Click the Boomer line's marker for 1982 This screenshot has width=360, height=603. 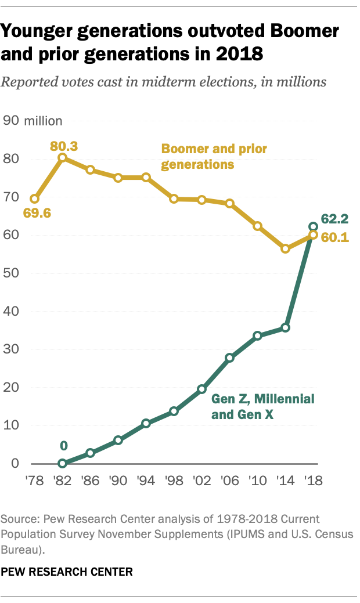point(62,157)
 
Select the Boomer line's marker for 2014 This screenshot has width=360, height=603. point(285,248)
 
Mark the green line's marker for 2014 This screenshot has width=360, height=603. point(285,328)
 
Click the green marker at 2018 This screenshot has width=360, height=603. point(313,226)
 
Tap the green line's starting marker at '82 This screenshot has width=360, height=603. point(62,463)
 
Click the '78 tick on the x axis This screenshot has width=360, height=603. point(34,481)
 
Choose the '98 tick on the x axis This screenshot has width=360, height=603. point(174,481)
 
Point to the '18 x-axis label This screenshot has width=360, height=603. point(313,481)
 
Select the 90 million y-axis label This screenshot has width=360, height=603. point(33,121)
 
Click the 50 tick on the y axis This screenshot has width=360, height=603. point(13,273)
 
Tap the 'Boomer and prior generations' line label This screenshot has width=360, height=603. point(214,156)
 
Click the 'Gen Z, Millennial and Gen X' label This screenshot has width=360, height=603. point(262,406)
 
